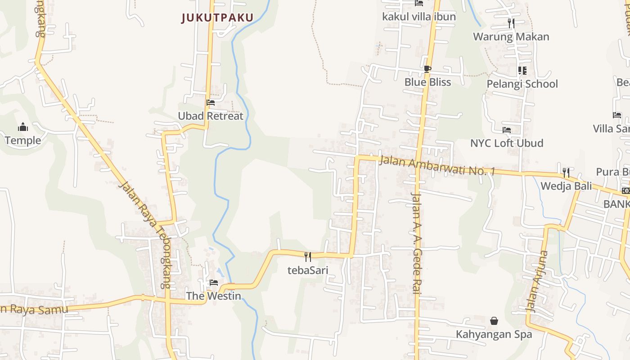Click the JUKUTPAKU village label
[217, 18]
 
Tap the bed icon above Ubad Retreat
[211, 103]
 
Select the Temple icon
[23, 127]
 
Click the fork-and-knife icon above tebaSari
[308, 257]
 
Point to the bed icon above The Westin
[214, 283]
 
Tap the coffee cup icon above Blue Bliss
[427, 69]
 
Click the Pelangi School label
[522, 84]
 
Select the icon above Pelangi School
[522, 71]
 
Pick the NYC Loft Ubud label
[507, 143]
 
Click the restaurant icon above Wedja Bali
[566, 172]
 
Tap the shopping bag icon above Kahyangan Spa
[494, 321]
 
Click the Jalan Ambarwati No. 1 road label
[436, 166]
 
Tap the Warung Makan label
[511, 37]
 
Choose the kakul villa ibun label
[419, 17]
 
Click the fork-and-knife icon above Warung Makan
[511, 23]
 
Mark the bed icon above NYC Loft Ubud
[507, 130]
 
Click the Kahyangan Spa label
[494, 334]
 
